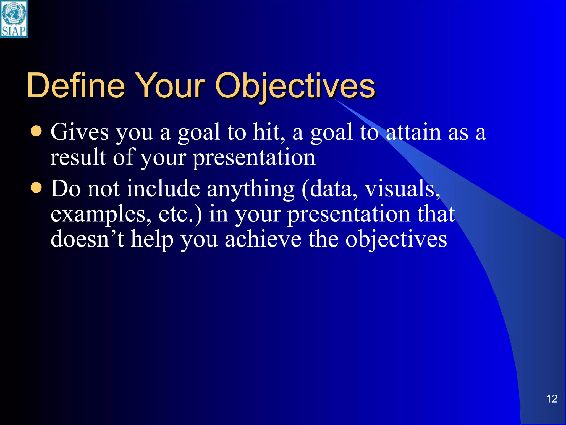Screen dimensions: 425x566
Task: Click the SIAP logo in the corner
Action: point(14,19)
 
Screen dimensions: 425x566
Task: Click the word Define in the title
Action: point(76,86)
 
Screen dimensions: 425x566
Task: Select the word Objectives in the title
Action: point(295,86)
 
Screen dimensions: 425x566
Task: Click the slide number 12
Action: point(552,399)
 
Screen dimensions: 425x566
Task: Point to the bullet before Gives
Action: point(36,131)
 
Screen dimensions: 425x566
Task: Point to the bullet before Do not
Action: point(36,188)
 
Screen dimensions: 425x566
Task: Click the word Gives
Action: point(80,132)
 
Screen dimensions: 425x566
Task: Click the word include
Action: point(163,189)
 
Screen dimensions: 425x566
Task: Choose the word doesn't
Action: point(87,239)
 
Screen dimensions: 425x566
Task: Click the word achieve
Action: point(263,239)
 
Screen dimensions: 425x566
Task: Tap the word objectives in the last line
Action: point(396,240)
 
